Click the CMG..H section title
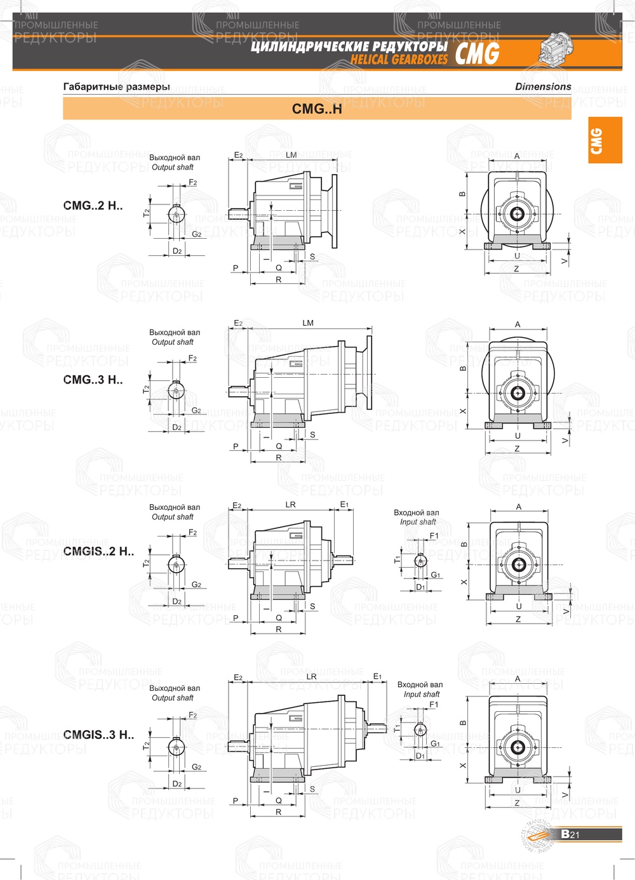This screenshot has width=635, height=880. click(317, 109)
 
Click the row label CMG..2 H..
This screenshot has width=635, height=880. click(93, 206)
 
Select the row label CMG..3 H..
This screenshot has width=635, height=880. click(93, 380)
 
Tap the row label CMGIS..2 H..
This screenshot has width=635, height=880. click(98, 551)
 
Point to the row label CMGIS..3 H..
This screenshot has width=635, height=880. click(98, 735)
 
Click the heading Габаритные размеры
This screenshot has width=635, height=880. click(116, 86)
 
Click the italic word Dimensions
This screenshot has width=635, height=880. click(543, 86)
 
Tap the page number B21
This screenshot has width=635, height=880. click(570, 834)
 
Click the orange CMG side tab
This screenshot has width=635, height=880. click(605, 140)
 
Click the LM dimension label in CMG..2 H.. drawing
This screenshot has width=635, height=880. click(291, 155)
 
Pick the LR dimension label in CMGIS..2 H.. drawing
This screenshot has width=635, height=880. click(290, 505)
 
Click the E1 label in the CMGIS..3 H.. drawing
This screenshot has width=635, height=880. click(377, 677)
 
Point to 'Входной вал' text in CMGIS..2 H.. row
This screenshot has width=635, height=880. click(416, 512)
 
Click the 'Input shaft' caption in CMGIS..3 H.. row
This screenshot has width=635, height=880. click(422, 694)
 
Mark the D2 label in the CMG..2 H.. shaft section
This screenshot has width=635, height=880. click(177, 251)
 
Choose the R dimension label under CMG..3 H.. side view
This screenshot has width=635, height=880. click(278, 458)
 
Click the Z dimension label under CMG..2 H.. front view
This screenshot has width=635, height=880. click(516, 269)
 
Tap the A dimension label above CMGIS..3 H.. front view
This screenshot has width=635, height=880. click(518, 679)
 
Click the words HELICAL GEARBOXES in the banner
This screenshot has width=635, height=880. click(399, 60)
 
